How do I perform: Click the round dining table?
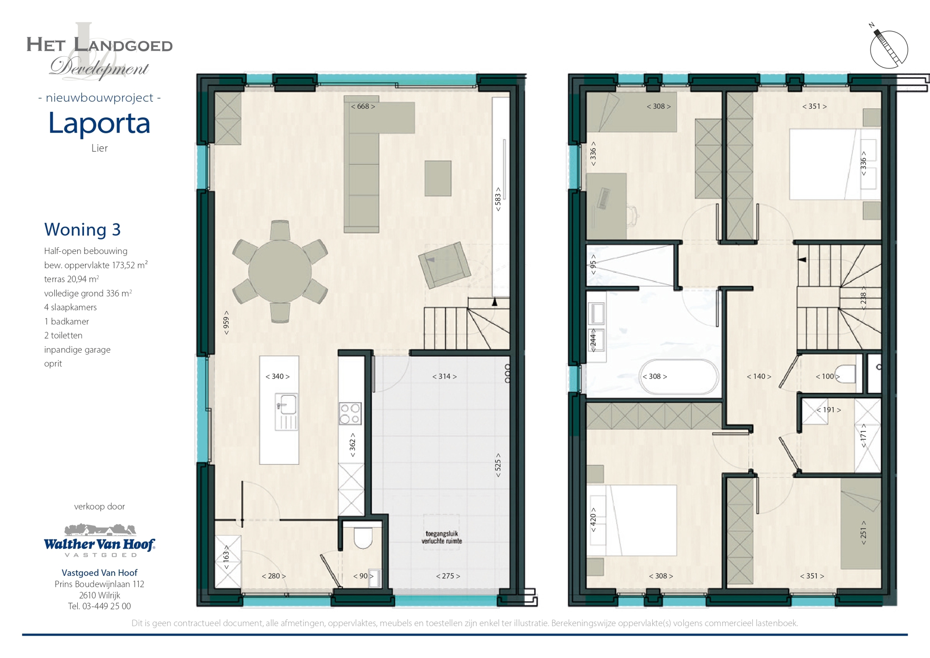[280, 272]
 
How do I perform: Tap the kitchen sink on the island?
[286, 411]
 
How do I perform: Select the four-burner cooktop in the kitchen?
[350, 414]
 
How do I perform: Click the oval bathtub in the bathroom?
[679, 377]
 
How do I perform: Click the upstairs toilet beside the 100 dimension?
[845, 374]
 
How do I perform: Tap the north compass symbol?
[888, 48]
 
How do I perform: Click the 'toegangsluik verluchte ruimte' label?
[442, 537]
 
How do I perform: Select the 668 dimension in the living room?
[363, 106]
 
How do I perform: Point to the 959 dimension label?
[226, 323]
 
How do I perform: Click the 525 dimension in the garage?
[498, 465]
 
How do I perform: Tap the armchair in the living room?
[444, 265]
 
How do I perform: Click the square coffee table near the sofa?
[438, 178]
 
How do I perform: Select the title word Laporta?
[99, 123]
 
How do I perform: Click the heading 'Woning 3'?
[82, 229]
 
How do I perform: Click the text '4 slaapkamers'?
[70, 307]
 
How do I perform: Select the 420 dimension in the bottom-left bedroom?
[593, 520]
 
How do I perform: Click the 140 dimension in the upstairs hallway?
[759, 377]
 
